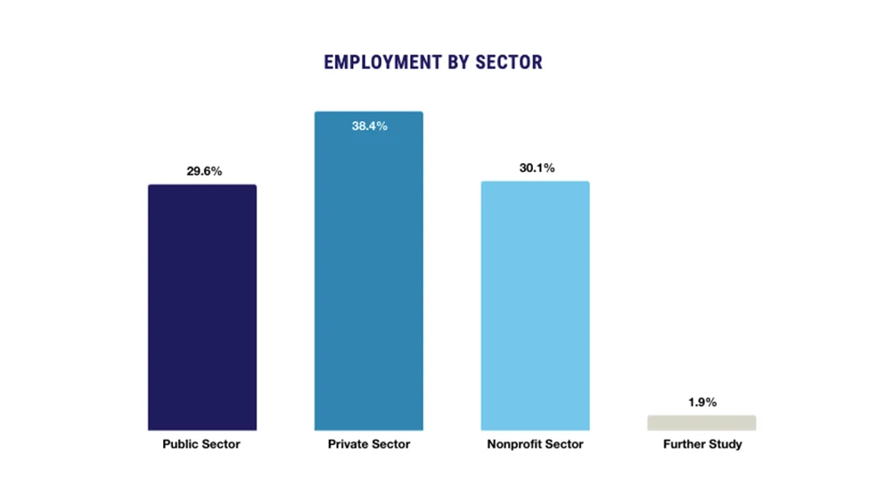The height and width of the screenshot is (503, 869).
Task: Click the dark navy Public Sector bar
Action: coord(201,308)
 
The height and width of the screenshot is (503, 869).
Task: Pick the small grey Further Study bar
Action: coord(701,423)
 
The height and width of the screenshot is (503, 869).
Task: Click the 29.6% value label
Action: coord(202,170)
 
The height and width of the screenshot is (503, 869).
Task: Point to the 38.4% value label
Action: coord(369,127)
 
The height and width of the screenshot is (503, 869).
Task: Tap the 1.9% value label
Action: coord(702,402)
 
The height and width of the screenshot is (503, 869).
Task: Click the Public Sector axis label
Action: coord(201,444)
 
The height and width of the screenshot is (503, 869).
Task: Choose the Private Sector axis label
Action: coord(369,444)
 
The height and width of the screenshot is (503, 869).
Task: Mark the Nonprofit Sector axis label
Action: coord(536,444)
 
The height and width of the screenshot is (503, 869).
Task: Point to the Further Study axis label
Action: coord(702,444)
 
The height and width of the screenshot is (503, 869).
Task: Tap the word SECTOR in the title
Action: coord(507,62)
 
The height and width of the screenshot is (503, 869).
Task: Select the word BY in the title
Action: coord(455,62)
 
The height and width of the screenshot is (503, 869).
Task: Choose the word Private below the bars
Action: coord(348,444)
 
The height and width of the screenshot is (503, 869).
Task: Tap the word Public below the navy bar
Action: coord(180,444)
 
